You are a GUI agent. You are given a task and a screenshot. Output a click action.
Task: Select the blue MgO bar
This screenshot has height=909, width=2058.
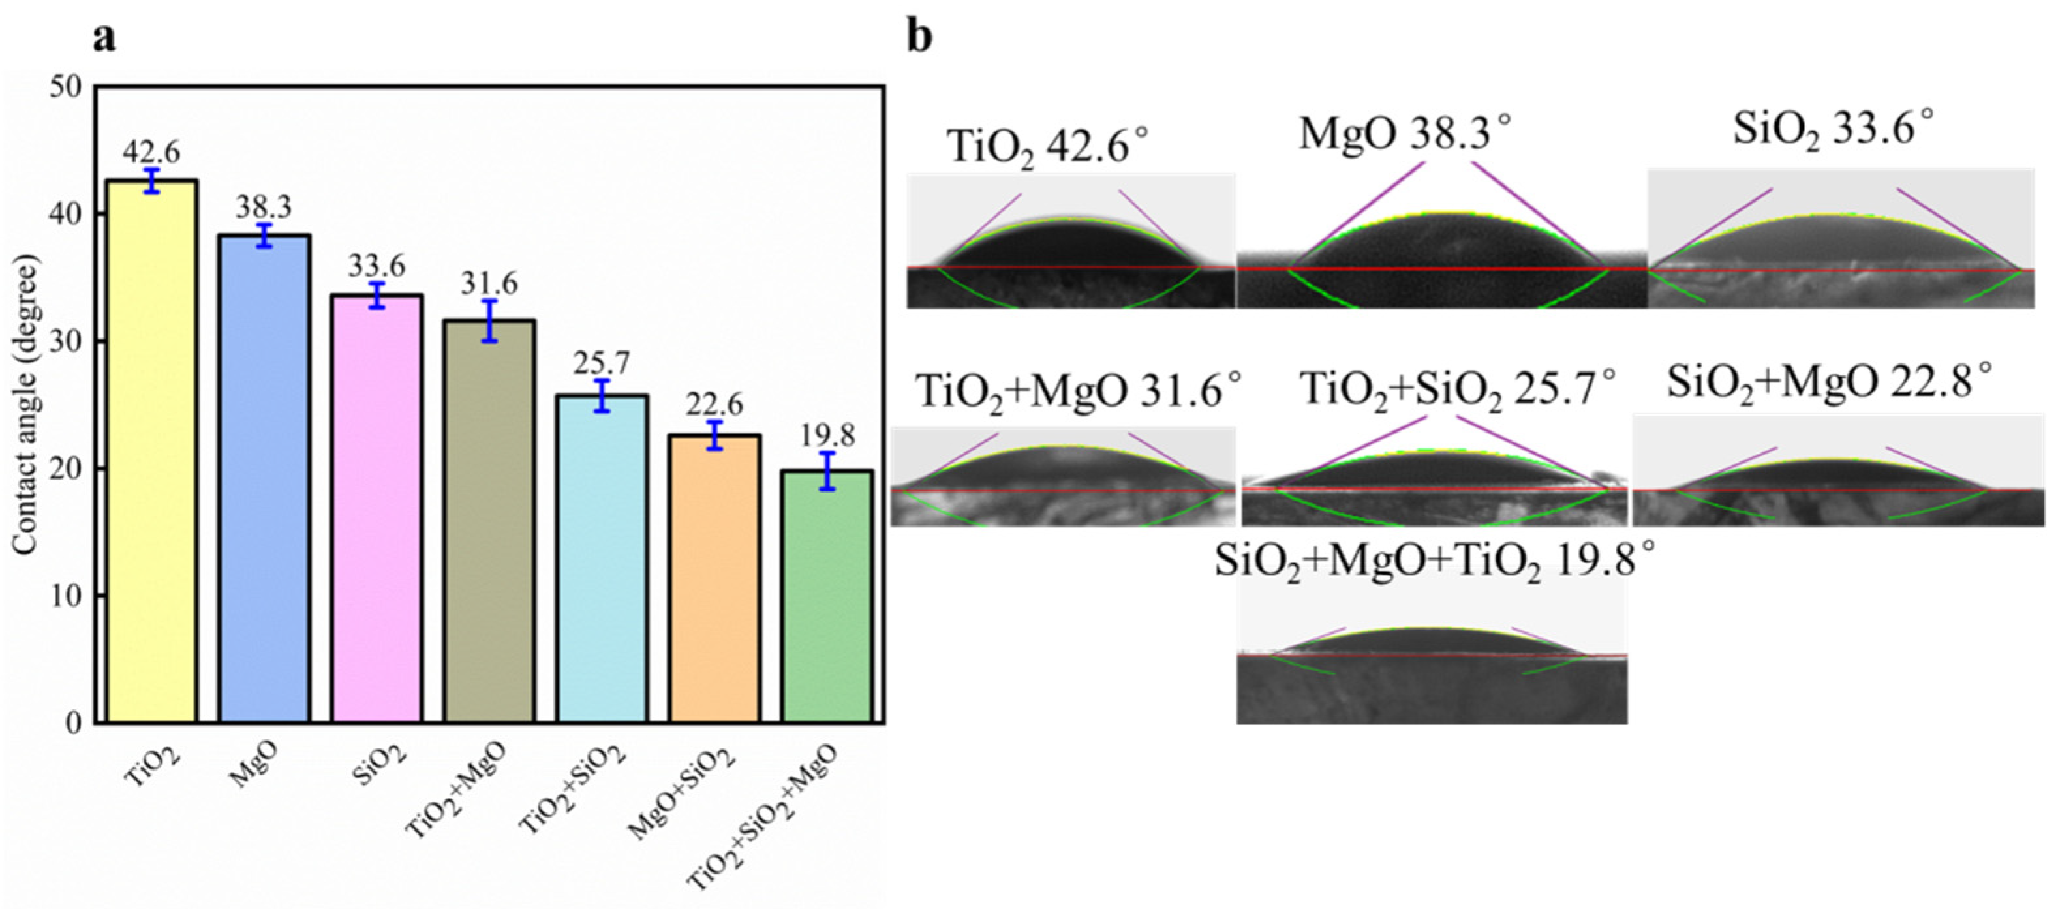(264, 479)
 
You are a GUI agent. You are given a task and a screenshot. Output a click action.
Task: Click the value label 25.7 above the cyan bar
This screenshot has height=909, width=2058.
(601, 363)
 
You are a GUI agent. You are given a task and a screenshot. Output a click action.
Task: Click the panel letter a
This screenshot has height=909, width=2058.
(104, 37)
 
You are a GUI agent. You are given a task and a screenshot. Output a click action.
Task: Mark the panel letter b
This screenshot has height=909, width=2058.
(919, 37)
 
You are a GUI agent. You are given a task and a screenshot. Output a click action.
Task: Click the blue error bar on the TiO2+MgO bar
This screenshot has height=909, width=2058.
(490, 320)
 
